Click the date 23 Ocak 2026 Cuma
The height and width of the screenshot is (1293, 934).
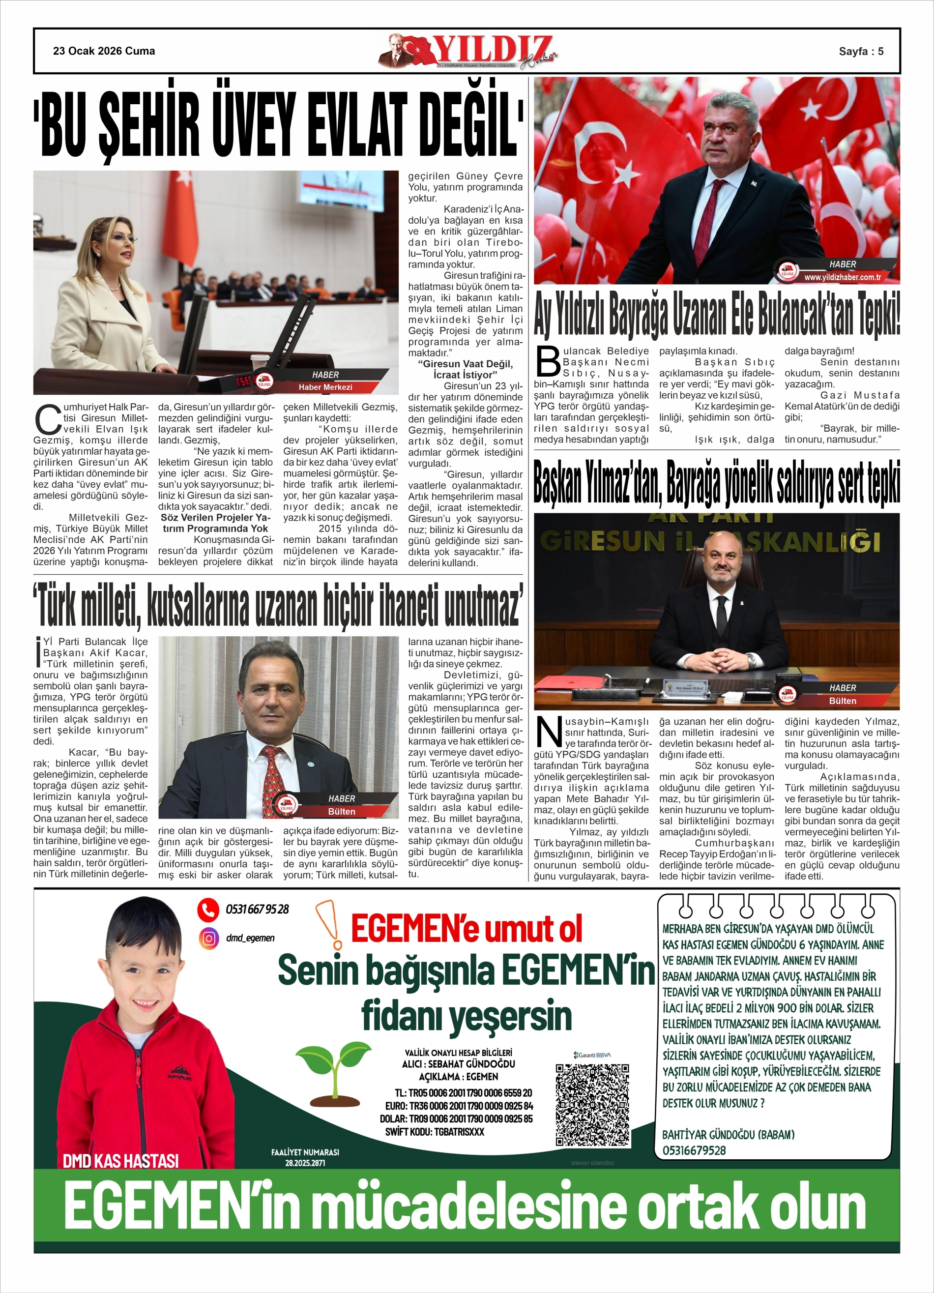(104, 51)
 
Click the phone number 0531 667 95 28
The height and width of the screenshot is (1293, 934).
(257, 910)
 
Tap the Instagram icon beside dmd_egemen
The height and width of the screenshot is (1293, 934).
(209, 938)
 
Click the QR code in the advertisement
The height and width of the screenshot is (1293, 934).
(592, 1105)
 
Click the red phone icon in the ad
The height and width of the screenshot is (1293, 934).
(208, 910)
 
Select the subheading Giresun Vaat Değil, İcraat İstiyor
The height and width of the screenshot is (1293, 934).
(466, 369)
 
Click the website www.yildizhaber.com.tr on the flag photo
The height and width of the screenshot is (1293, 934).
(842, 277)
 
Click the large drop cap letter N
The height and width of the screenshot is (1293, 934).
(548, 731)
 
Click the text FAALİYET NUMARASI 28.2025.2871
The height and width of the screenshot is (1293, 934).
(305, 1157)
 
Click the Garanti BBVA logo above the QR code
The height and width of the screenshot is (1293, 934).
(592, 1055)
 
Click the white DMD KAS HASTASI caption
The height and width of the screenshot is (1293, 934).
(120, 1161)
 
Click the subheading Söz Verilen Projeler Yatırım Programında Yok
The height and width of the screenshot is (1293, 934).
(215, 523)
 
